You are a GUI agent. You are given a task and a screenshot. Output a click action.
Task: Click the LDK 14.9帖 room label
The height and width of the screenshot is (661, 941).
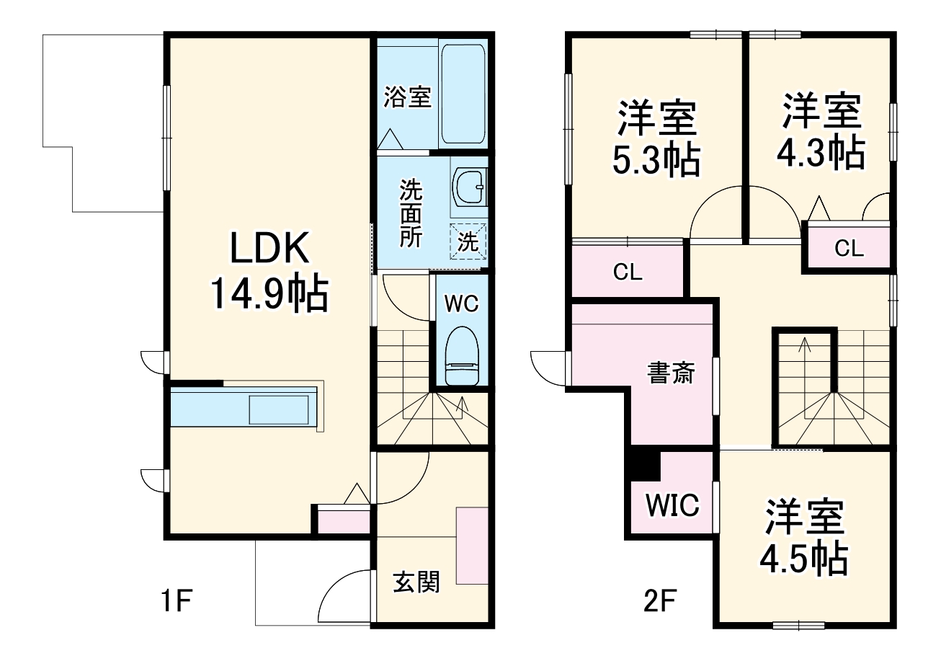click(x=268, y=270)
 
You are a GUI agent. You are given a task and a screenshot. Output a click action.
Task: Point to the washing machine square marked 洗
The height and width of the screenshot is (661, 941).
click(x=468, y=241)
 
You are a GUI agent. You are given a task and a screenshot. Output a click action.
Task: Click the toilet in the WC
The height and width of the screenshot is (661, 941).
click(x=462, y=355)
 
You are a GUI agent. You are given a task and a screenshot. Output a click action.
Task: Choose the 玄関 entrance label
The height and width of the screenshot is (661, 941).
click(x=416, y=581)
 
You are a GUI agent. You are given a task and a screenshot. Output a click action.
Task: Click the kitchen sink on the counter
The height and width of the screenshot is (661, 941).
click(x=282, y=409)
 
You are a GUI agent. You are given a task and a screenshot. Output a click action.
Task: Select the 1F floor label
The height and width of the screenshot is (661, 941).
click(x=178, y=600)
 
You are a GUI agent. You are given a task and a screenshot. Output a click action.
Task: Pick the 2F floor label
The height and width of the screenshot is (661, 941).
click(x=659, y=600)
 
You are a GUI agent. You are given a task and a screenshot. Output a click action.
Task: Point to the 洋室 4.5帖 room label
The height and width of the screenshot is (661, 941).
click(x=804, y=537)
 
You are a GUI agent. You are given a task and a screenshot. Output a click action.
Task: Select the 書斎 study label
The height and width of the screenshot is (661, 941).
click(x=671, y=373)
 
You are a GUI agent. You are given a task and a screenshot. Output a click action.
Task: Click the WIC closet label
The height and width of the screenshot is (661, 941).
click(x=672, y=505)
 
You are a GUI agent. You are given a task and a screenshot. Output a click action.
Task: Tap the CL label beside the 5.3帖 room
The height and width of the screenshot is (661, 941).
click(x=627, y=272)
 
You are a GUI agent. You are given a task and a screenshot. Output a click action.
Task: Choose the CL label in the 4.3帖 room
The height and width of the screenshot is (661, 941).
click(x=849, y=249)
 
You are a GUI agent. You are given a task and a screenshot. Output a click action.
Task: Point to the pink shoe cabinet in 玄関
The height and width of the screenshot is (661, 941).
click(x=472, y=546)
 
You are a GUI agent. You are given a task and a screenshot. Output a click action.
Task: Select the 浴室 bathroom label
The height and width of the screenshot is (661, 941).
click(x=407, y=97)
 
